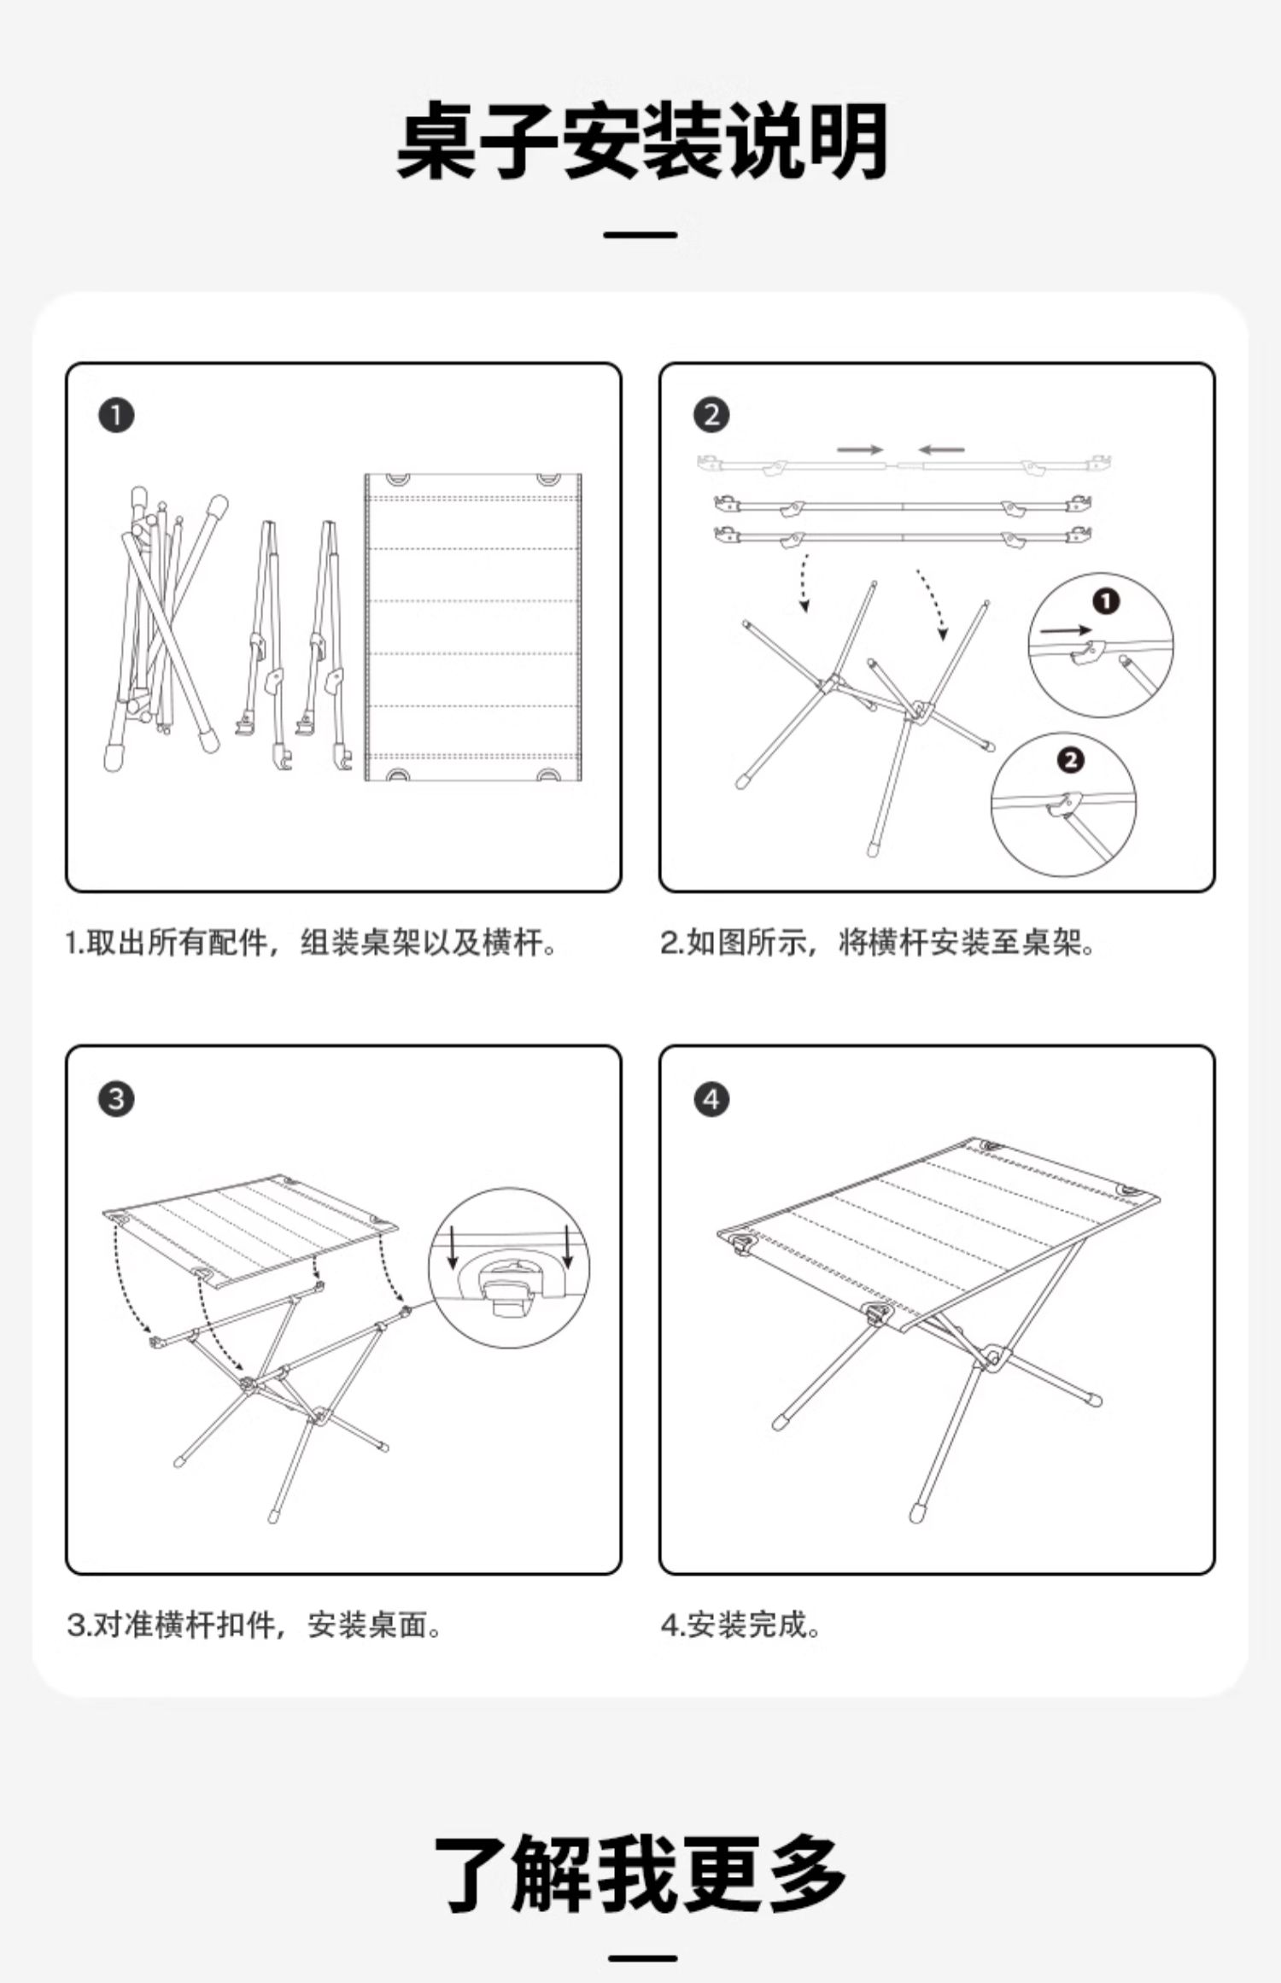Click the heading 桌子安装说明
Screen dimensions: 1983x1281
coord(640,142)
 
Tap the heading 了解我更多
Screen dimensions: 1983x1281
coord(640,1874)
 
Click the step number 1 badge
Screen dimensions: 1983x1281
coord(117,416)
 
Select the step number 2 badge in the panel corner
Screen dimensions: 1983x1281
coord(711,416)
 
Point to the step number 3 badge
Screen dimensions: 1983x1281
coord(117,1098)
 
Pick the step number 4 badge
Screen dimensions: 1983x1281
coord(711,1098)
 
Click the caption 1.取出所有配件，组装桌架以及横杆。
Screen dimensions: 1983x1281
coord(312,943)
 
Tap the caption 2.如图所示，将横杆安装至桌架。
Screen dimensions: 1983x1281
coord(878,943)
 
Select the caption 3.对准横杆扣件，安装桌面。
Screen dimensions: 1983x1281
coord(254,1624)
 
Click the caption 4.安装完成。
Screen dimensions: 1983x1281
coord(741,1624)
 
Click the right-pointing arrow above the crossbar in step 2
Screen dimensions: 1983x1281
coord(859,449)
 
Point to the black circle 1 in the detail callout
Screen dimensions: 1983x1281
coord(1106,602)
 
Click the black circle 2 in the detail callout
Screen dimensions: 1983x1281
coord(1070,760)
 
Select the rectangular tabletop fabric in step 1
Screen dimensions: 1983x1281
coord(473,628)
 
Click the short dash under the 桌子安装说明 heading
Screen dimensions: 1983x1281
coord(640,235)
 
